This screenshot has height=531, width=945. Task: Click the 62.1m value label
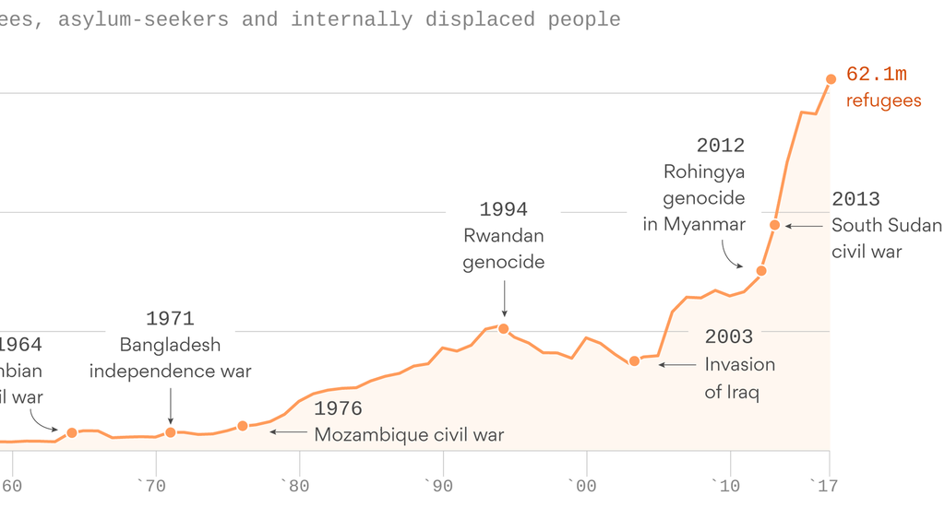click(x=877, y=75)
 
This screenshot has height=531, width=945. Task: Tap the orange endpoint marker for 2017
click(x=831, y=79)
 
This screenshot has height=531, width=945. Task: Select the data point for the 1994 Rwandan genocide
click(x=504, y=328)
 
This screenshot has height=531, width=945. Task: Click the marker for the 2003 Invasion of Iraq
click(x=634, y=361)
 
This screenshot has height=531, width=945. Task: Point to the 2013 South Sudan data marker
click(x=775, y=225)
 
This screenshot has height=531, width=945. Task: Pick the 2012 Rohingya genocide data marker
click(x=761, y=271)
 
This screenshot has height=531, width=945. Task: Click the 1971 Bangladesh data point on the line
click(x=171, y=432)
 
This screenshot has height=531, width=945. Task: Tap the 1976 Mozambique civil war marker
click(x=243, y=426)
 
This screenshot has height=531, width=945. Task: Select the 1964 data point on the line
click(x=72, y=432)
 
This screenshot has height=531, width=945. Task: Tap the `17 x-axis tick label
click(x=822, y=486)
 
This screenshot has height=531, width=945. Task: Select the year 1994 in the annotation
click(x=504, y=209)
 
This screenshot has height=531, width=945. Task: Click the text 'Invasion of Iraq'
click(x=739, y=378)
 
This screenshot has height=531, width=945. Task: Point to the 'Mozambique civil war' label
click(x=409, y=435)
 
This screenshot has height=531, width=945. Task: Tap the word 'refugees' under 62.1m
click(x=883, y=101)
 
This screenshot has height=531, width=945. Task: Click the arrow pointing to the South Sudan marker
click(x=804, y=226)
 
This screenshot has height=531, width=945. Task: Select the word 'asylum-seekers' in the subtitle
click(x=143, y=19)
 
